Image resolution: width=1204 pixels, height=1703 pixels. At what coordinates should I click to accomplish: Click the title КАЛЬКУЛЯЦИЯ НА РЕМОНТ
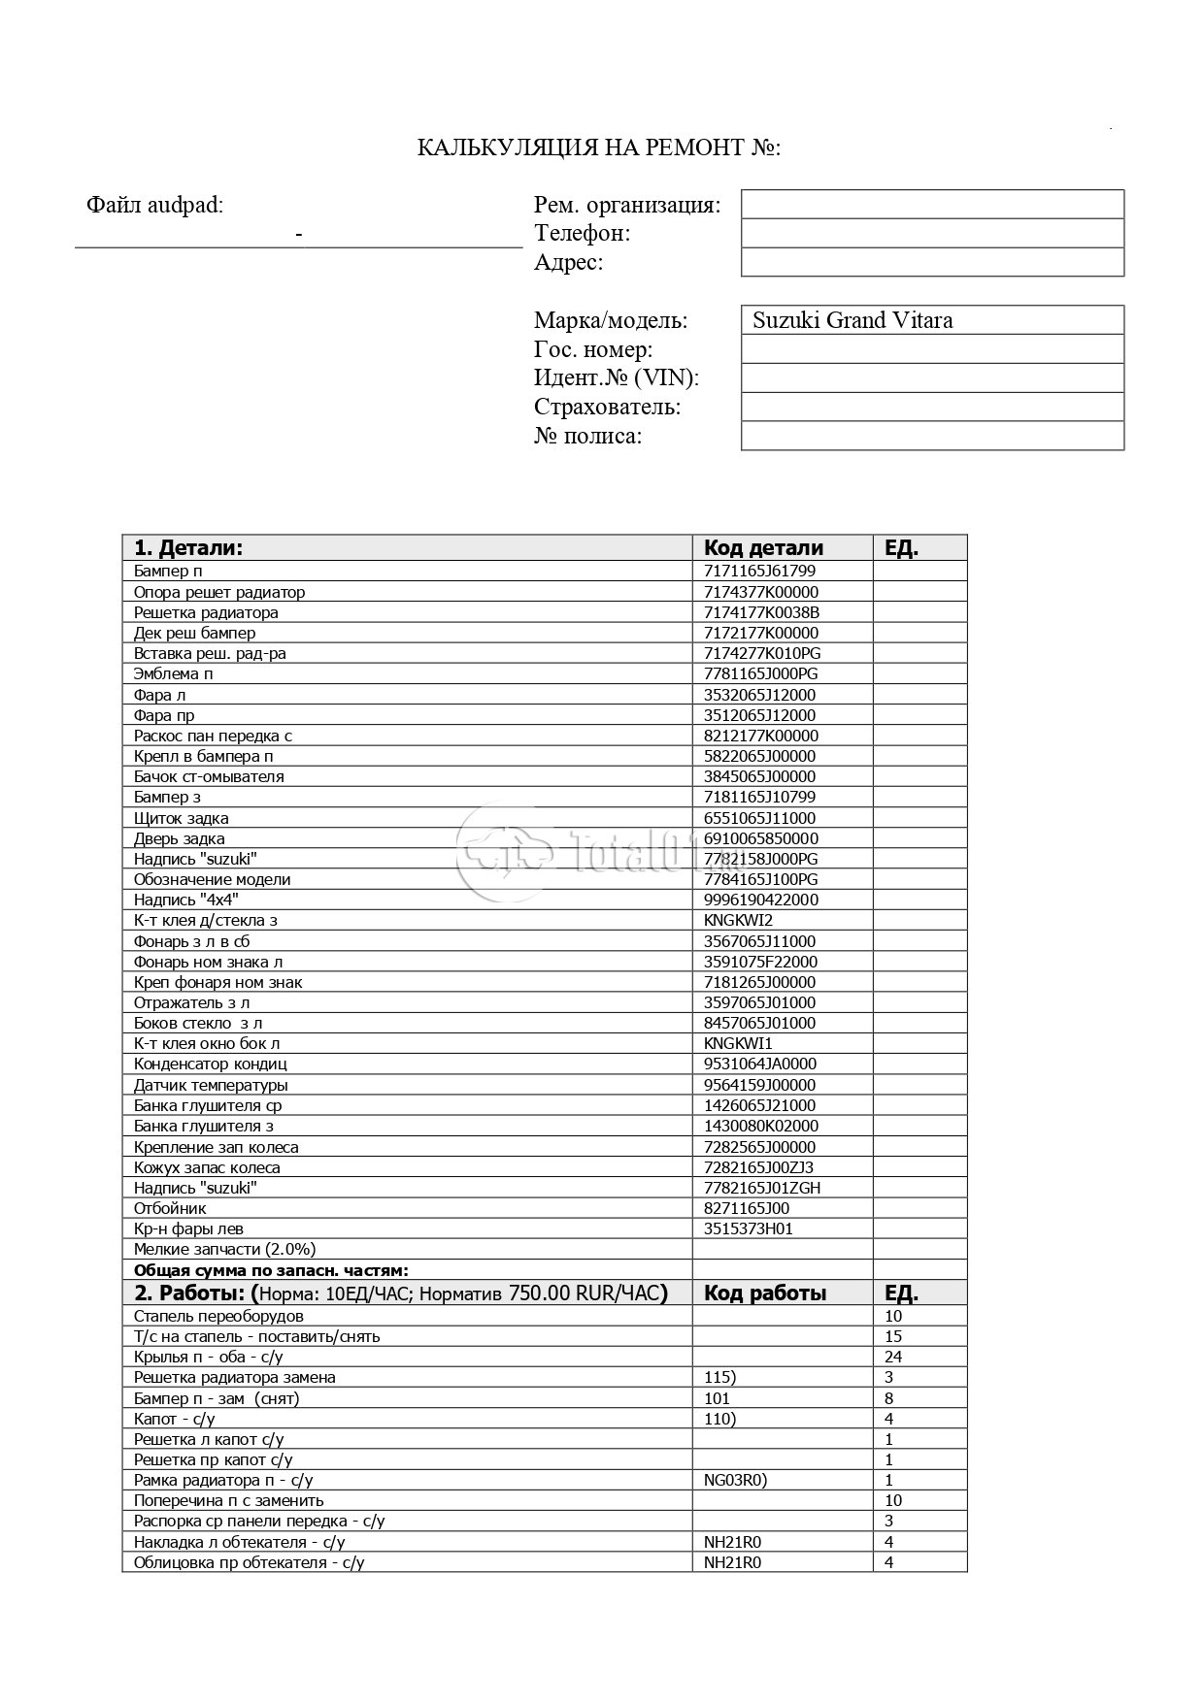599,147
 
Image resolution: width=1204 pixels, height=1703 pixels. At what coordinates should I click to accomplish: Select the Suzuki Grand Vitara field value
853,320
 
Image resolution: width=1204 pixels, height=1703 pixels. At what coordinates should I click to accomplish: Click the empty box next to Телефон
932,233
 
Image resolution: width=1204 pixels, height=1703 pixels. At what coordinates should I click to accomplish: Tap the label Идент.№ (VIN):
617,377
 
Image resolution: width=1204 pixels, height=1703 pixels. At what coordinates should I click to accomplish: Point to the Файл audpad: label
154,205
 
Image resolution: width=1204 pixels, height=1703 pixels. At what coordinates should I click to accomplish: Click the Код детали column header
763,547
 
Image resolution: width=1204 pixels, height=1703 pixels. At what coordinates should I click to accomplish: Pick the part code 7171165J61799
759,571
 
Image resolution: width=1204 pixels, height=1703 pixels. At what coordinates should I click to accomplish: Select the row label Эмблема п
173,673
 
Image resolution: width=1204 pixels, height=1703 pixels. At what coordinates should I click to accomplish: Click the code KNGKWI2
738,920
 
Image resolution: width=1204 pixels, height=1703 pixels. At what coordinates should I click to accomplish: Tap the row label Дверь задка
180,838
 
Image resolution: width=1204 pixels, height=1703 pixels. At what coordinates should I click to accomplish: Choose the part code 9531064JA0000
760,1064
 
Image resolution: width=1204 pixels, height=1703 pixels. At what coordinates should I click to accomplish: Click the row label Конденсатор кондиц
210,1064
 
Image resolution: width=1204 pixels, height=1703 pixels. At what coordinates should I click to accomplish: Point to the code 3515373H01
749,1228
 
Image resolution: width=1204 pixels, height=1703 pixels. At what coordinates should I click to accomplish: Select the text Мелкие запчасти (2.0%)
224,1249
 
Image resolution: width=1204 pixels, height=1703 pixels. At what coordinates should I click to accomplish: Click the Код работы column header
765,1293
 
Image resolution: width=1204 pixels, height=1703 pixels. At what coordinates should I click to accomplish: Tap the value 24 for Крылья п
893,1357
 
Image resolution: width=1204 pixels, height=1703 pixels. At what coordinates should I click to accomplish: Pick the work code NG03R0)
736,1480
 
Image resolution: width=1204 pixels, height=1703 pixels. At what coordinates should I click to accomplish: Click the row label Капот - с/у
175,1419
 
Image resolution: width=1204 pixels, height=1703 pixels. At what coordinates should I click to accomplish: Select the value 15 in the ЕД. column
893,1336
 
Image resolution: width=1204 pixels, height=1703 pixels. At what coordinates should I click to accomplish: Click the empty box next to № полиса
932,436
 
